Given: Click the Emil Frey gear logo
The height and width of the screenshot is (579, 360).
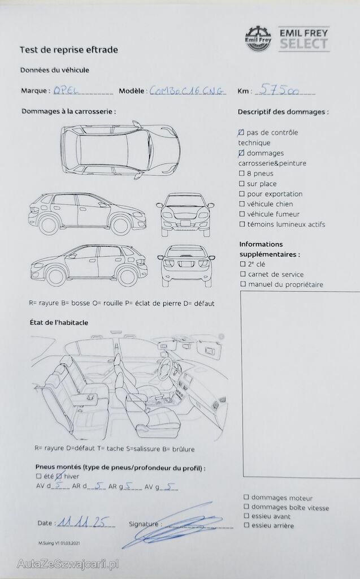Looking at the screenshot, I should (258, 38).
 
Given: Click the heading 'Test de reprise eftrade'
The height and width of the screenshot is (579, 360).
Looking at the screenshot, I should (69, 50).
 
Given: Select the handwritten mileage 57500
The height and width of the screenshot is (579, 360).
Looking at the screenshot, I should (277, 89).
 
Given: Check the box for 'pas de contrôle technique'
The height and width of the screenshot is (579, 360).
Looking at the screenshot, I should (242, 132).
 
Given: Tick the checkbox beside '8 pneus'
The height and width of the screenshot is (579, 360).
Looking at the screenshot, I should (242, 174).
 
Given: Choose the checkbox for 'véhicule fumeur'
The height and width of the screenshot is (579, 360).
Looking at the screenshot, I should (242, 214).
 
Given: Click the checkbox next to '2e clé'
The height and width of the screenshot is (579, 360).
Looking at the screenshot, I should (242, 263).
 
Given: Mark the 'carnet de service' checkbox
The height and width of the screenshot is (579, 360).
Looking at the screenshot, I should (242, 274).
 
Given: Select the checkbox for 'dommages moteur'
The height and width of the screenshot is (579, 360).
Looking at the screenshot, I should (246, 498).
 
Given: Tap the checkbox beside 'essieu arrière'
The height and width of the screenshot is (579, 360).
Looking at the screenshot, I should (246, 525).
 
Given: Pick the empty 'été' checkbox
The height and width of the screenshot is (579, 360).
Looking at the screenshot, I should (38, 477).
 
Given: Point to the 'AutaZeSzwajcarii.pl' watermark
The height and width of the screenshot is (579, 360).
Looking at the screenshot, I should (63, 564).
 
